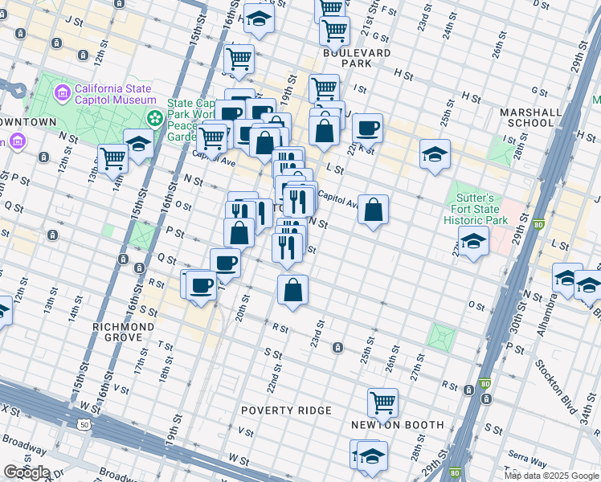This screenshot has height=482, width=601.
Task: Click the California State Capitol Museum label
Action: (115, 94)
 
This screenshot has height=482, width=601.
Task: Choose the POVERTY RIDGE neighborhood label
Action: (287, 411)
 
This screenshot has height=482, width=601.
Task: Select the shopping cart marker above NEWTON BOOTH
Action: (383, 402)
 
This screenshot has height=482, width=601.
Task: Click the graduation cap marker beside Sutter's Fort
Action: (473, 240)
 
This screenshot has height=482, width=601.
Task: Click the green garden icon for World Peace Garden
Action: (155, 119)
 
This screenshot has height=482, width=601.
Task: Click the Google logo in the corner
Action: (27, 472)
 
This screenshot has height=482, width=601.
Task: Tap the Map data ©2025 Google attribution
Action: (550, 476)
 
